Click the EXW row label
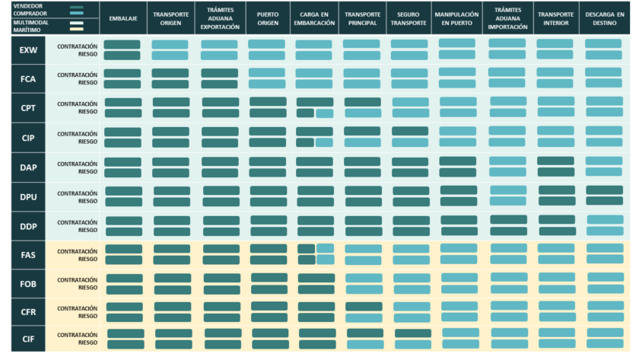click(x=29, y=50)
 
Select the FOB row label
click(x=29, y=282)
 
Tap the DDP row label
click(x=29, y=226)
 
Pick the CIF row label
click(x=29, y=338)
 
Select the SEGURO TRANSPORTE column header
click(x=409, y=18)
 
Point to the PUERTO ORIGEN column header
click(x=267, y=18)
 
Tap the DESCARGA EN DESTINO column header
click(x=604, y=18)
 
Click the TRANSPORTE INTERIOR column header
click(x=555, y=18)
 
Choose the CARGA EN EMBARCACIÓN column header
click(x=314, y=18)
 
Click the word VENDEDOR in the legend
click(x=27, y=6)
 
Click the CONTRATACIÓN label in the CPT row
click(x=77, y=104)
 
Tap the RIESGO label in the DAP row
click(x=87, y=171)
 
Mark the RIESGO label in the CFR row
click(x=87, y=316)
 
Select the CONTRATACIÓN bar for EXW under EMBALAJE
click(x=122, y=45)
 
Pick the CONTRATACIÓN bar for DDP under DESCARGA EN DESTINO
click(x=605, y=220)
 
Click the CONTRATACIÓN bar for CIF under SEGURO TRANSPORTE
click(x=413, y=333)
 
